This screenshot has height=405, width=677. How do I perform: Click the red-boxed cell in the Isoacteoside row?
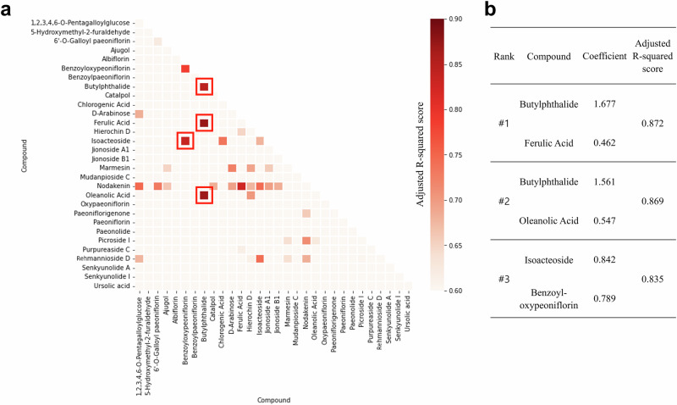[x=185, y=141]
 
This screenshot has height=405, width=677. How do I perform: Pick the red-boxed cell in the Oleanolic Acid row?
[x=203, y=195]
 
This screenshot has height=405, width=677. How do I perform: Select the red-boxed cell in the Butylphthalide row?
[x=203, y=86]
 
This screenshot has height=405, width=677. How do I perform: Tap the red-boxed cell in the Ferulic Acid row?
[x=203, y=123]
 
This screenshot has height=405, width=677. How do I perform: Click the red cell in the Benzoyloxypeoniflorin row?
[x=185, y=69]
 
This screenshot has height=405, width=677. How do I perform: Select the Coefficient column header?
[x=603, y=58]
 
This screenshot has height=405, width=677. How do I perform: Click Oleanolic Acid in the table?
[x=552, y=219]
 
